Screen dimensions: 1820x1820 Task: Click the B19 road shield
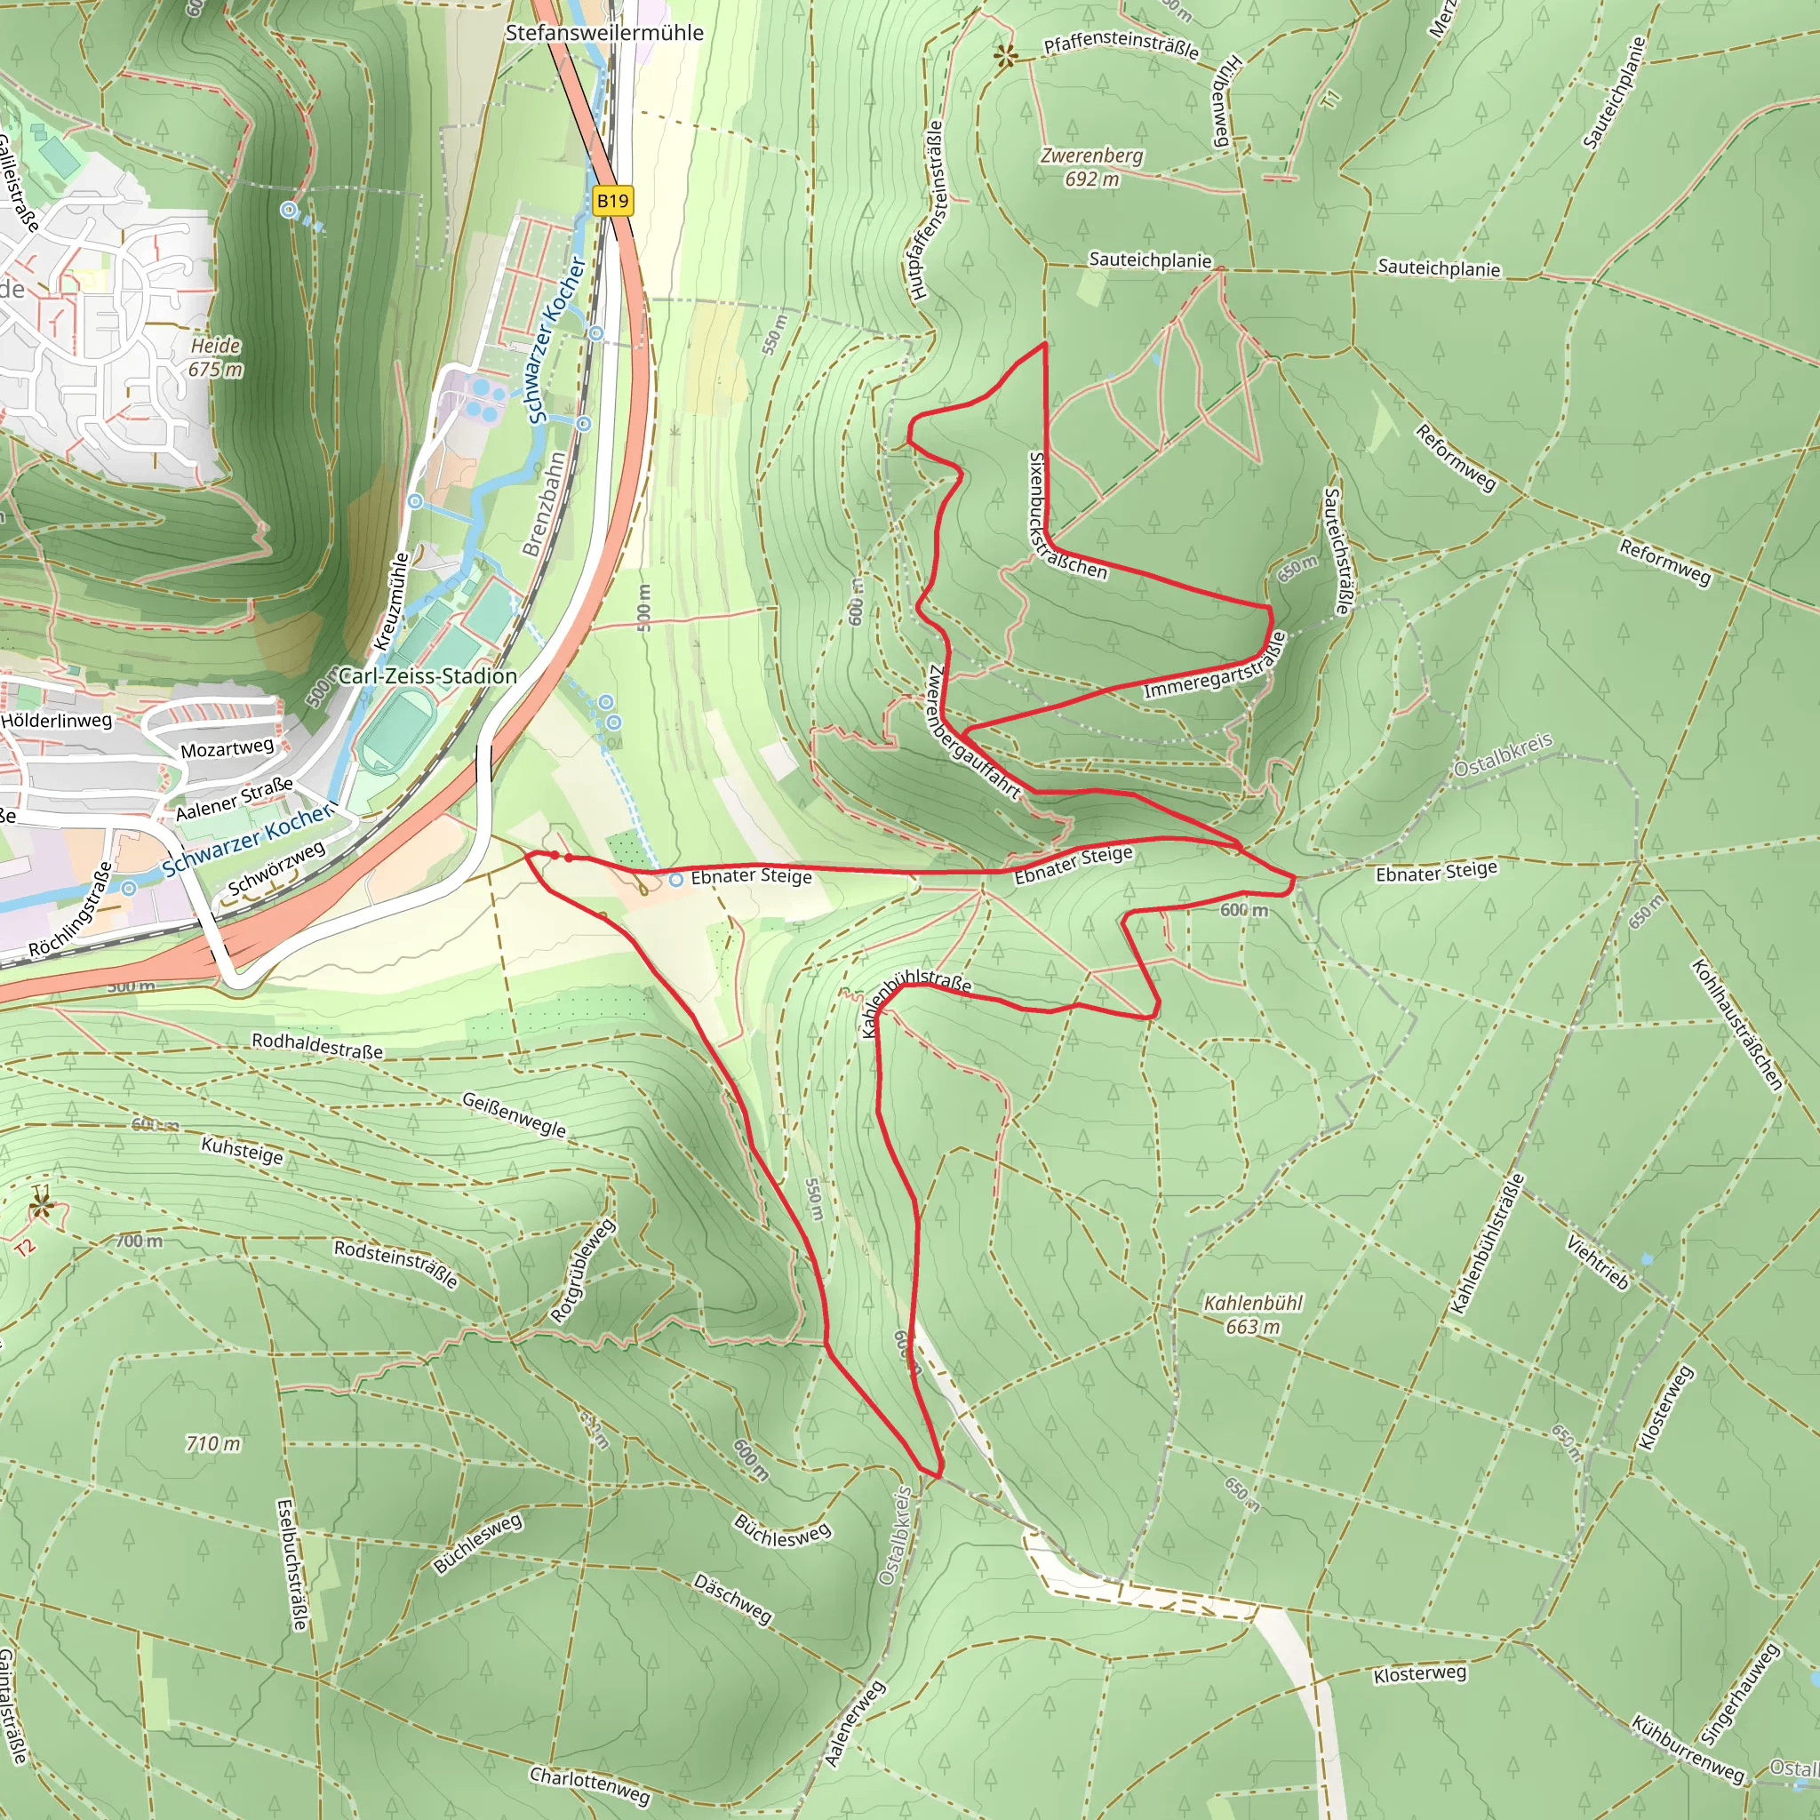click(612, 201)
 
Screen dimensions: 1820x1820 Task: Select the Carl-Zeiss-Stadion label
click(427, 675)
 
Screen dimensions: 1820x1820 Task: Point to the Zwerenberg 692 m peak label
click(1092, 167)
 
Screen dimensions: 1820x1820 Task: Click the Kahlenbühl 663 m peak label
click(1253, 1314)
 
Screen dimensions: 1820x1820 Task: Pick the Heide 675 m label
click(216, 358)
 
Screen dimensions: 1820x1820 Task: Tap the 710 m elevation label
click(214, 1443)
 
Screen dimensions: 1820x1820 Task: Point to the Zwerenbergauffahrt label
click(972, 734)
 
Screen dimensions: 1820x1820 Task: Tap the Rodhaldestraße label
click(317, 1046)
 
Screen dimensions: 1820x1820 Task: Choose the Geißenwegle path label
click(515, 1114)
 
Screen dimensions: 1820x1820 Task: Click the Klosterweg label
click(1419, 1673)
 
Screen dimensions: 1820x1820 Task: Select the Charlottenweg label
click(590, 1786)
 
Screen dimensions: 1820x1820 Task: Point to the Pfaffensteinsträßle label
click(1121, 47)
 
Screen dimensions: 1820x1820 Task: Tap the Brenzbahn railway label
click(544, 504)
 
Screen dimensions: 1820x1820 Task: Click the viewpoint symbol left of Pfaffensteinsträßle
click(1005, 58)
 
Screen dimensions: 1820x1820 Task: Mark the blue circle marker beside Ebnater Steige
click(676, 880)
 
